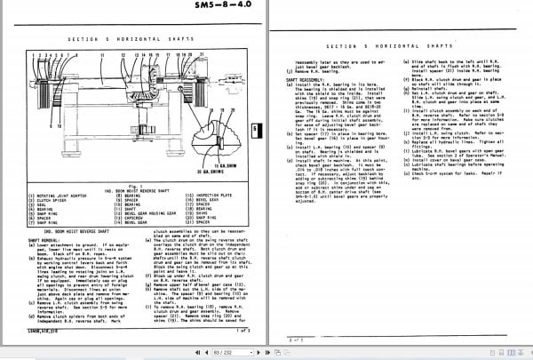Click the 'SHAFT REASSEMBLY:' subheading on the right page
tap(299, 79)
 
